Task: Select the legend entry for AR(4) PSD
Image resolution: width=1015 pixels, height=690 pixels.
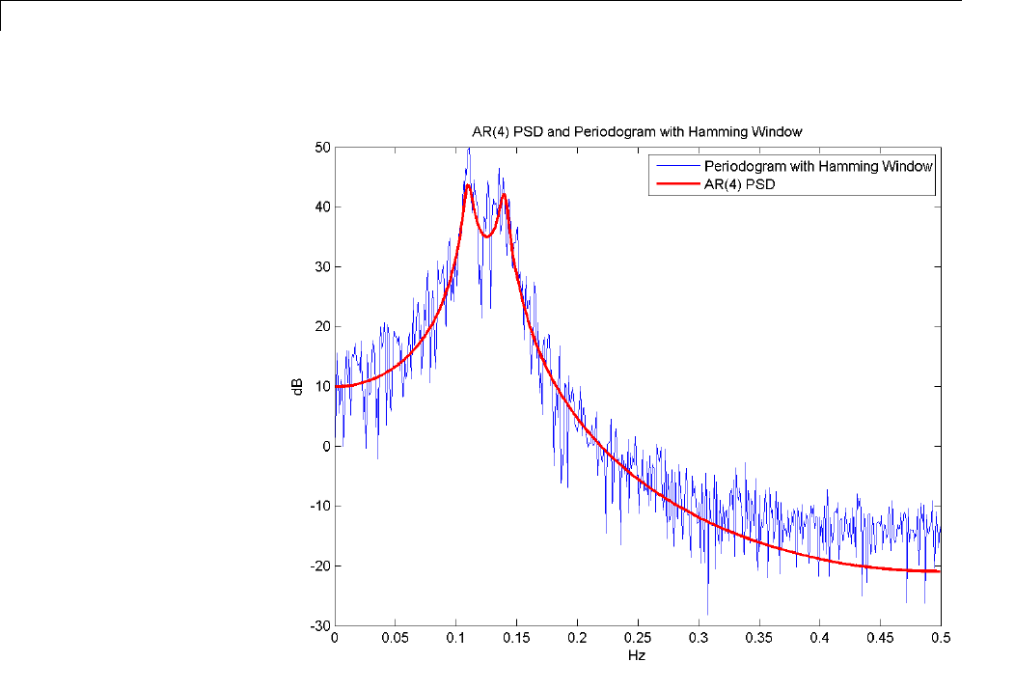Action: tap(740, 183)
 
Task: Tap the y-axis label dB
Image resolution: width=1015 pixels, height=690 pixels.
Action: tap(300, 386)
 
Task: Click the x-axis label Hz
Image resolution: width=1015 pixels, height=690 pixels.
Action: tap(638, 655)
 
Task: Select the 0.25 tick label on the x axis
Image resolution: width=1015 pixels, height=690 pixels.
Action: tap(638, 638)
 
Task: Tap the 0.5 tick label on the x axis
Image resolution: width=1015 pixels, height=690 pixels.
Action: tap(941, 638)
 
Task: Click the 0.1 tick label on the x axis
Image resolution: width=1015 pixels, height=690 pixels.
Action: tap(456, 638)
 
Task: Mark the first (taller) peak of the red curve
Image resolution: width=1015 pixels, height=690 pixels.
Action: tap(468, 185)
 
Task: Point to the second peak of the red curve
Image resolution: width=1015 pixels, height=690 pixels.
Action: tap(504, 196)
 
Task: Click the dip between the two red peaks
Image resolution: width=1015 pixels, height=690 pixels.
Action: tap(488, 236)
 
